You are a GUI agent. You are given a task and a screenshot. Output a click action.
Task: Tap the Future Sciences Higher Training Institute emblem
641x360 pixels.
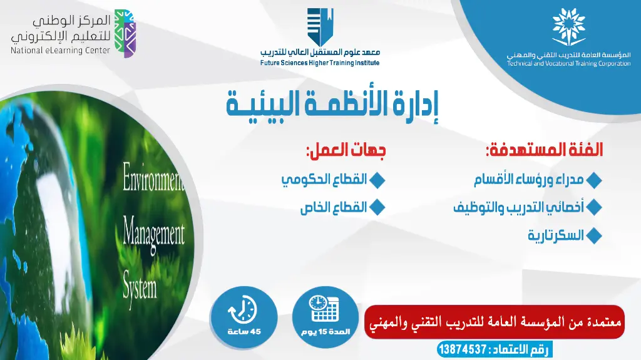[x=320, y=27]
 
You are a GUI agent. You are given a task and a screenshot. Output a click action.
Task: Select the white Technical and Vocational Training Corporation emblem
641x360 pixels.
[x=568, y=28]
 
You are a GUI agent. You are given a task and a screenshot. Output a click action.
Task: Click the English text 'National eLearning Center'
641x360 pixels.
[x=60, y=51]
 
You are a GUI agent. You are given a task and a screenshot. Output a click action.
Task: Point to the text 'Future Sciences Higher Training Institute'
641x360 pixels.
[x=320, y=63]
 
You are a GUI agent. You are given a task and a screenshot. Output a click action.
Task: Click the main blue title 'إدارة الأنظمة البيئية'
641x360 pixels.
[x=332, y=105]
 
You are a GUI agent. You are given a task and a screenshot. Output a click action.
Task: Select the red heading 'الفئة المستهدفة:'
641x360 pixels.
[x=544, y=150]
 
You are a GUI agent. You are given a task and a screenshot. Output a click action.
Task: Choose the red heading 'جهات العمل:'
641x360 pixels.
[x=346, y=150]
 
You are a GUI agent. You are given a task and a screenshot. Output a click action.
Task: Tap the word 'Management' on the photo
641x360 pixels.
[x=154, y=233]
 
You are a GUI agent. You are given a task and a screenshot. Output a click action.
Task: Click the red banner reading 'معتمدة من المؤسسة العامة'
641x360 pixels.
[x=494, y=322]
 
